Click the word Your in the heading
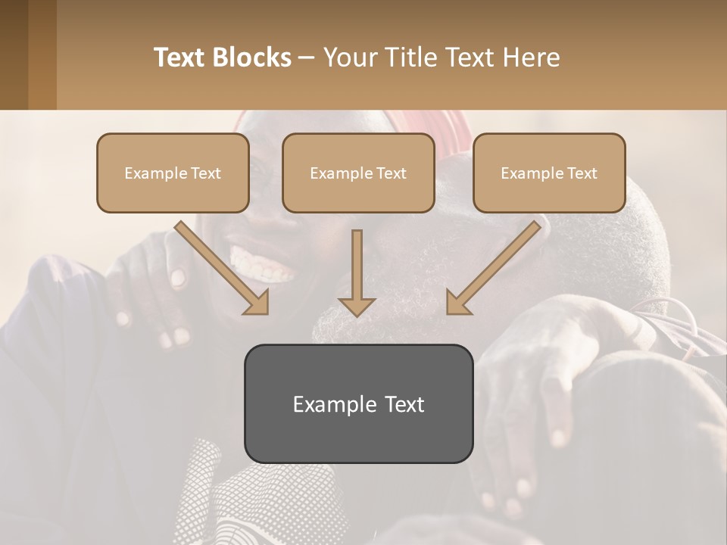point(349,58)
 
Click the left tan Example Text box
point(173,173)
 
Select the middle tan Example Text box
point(358,173)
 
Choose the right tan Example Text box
point(549,173)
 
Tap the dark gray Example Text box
point(358,403)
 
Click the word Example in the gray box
point(329,404)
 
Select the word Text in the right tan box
point(582,173)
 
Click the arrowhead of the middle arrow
point(357,306)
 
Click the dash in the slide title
point(306,58)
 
